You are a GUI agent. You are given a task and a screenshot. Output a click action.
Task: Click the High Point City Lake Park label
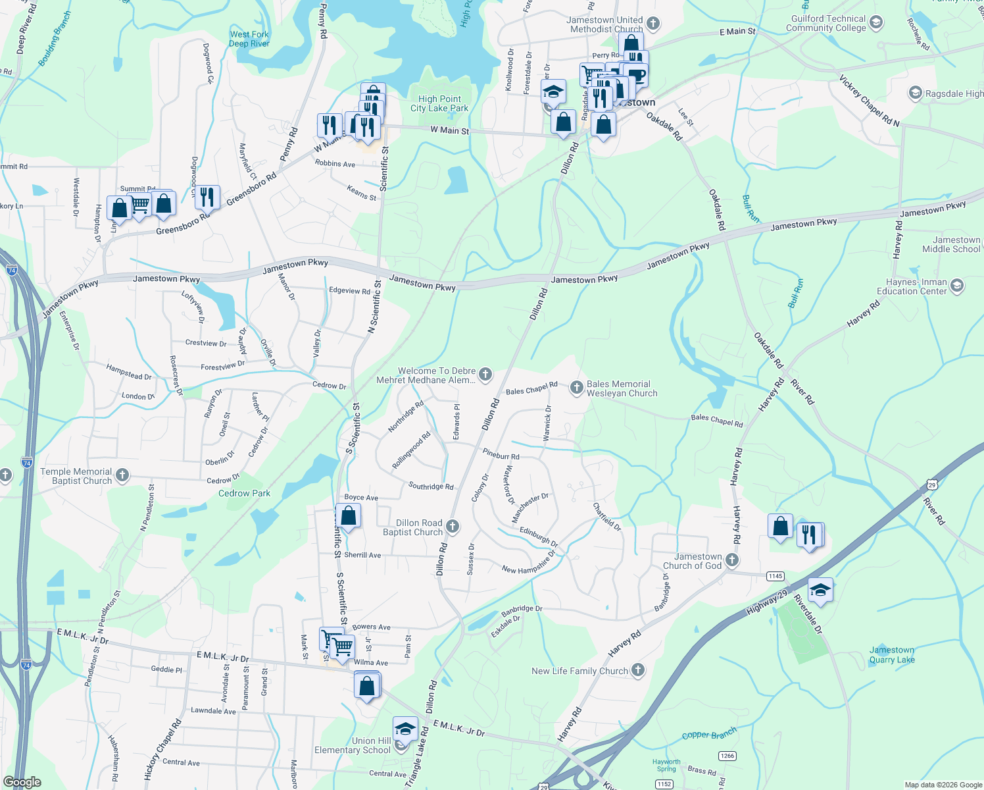439,104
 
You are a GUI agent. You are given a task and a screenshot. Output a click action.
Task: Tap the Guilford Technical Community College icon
875,23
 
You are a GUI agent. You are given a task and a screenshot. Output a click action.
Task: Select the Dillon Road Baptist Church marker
452,526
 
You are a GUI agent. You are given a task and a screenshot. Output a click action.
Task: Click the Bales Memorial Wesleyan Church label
622,388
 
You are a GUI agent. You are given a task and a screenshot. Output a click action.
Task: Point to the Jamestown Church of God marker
731,560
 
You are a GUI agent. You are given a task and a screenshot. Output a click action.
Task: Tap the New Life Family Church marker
637,670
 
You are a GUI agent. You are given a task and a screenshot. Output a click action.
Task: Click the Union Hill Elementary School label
353,745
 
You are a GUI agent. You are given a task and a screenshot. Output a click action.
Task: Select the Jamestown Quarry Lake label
891,654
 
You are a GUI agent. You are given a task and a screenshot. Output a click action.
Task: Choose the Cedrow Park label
244,493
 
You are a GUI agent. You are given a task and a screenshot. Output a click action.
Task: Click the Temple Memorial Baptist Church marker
122,475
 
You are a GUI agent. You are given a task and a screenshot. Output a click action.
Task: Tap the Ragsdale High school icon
915,93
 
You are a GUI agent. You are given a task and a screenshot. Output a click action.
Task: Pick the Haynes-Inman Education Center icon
957,286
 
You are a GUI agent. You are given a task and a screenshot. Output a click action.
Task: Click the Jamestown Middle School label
951,244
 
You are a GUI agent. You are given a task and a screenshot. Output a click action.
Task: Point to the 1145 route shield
775,576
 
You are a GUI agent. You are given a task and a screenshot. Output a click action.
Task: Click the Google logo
22,782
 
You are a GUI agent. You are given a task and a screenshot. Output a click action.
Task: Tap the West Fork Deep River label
249,39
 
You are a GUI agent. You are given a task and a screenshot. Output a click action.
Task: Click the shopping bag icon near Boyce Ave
348,515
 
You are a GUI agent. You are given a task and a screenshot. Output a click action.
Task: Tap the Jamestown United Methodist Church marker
652,24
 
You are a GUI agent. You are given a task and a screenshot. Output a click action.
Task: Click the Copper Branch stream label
709,735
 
